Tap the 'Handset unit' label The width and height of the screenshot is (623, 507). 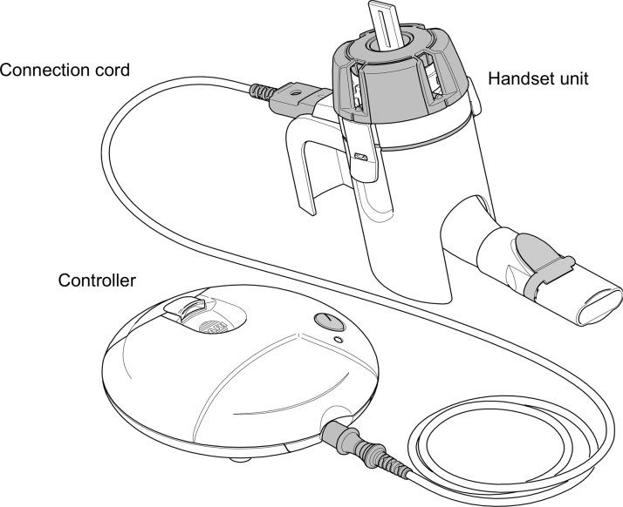537,78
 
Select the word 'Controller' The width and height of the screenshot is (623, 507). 95,281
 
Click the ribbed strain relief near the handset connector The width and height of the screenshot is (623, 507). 261,91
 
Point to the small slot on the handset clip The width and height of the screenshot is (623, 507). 359,157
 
